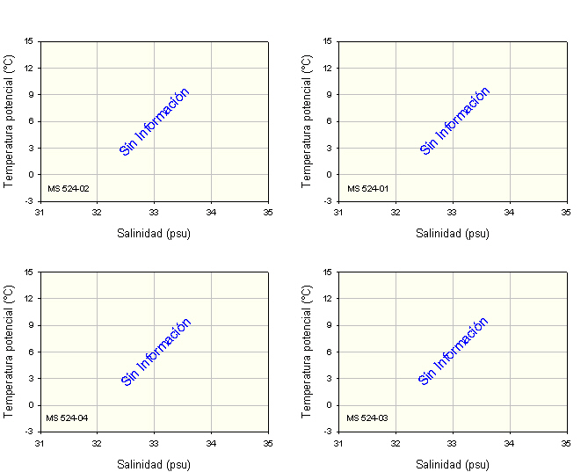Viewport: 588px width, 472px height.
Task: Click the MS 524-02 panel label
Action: tap(68, 188)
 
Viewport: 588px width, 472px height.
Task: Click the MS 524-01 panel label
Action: tap(367, 188)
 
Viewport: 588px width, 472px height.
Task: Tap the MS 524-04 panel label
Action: tap(68, 418)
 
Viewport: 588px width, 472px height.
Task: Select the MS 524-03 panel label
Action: tap(367, 418)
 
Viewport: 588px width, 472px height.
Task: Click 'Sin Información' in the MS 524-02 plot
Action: tap(155, 122)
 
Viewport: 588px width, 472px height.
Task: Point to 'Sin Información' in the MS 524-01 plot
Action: tap(454, 122)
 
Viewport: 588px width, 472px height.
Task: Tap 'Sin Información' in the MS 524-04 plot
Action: tap(156, 352)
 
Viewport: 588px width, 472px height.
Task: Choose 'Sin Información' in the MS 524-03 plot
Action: tap(454, 352)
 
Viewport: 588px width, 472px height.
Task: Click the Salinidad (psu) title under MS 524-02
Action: tap(154, 234)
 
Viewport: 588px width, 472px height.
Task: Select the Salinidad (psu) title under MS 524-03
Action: tap(453, 465)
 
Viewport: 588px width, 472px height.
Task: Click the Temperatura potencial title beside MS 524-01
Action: tap(307, 120)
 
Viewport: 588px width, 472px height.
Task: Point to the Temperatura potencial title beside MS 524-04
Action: tap(9, 351)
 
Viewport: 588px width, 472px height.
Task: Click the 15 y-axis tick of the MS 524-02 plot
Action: tap(29, 40)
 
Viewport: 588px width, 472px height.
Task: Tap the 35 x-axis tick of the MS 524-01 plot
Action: tap(567, 212)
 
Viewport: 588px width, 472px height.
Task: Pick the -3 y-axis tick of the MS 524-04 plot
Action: tap(29, 432)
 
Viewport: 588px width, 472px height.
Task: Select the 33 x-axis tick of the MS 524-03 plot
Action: tap(453, 443)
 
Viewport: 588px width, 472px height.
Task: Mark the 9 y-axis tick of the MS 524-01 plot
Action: tap(328, 94)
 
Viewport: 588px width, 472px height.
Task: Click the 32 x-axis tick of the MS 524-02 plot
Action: tap(97, 212)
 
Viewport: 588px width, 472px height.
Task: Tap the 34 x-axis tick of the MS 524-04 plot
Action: tap(211, 443)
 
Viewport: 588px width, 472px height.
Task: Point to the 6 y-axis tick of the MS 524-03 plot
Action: tap(328, 352)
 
